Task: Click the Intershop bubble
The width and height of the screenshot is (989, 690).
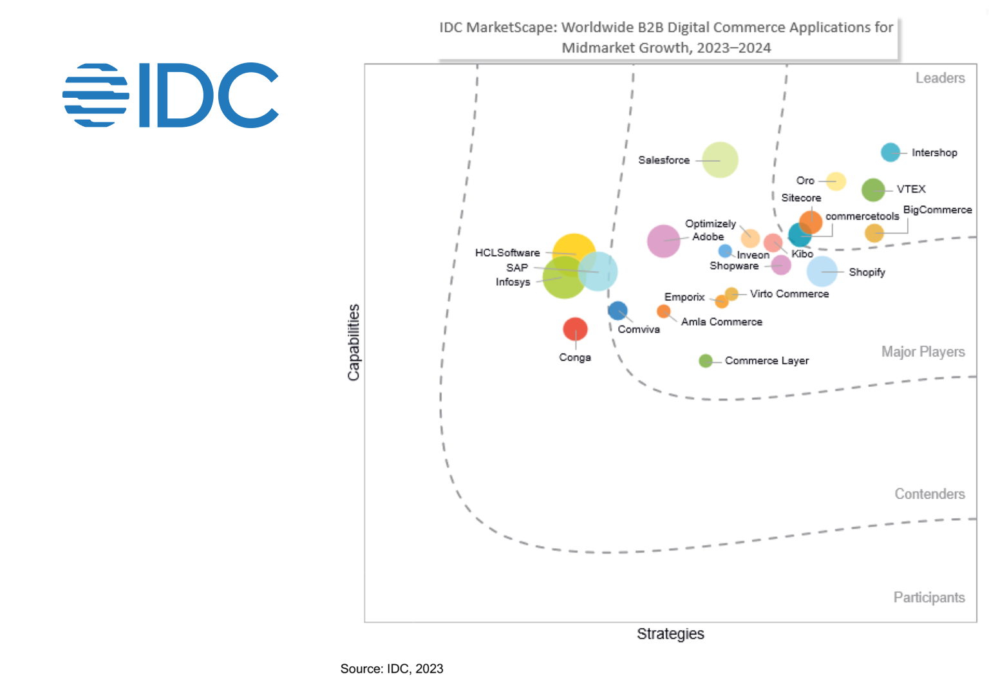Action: (x=890, y=153)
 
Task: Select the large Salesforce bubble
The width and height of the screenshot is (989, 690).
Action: (x=720, y=160)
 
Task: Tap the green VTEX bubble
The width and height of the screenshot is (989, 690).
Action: (x=873, y=190)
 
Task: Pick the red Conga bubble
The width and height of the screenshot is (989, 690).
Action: (x=575, y=329)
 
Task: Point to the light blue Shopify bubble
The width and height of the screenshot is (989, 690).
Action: (x=822, y=272)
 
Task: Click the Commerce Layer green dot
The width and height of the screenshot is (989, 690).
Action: (x=706, y=360)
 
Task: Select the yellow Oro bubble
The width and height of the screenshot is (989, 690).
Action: (x=836, y=182)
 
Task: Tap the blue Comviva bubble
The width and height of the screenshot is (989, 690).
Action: (x=617, y=310)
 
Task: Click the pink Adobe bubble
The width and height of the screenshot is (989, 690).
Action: (x=663, y=241)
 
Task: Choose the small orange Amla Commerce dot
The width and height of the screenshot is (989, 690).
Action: (x=663, y=312)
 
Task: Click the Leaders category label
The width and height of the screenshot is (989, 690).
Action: (x=940, y=78)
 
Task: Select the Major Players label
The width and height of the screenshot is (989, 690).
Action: (x=923, y=352)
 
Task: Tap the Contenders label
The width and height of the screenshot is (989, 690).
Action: (x=929, y=494)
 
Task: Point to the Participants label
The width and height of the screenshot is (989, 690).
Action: (x=928, y=598)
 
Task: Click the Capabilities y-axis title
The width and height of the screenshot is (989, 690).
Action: (x=353, y=342)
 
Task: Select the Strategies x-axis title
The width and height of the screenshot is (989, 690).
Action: (x=670, y=634)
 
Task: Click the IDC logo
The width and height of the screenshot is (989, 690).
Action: (x=171, y=95)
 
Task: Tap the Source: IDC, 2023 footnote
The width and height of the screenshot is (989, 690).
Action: (x=391, y=669)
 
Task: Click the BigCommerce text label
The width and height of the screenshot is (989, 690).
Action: (x=937, y=210)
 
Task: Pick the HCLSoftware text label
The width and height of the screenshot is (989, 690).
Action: (x=507, y=253)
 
